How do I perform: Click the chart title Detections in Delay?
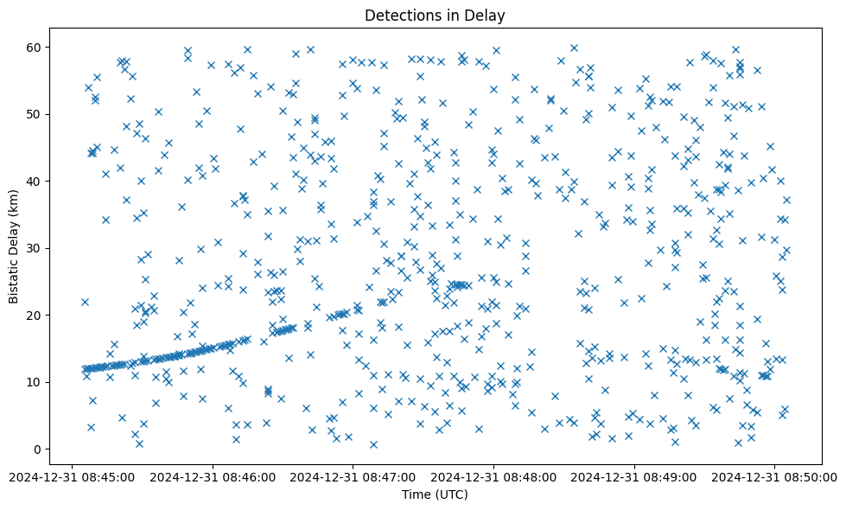(435, 15)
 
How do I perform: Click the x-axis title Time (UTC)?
(435, 494)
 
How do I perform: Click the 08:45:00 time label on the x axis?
(73, 475)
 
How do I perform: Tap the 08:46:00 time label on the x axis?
(213, 475)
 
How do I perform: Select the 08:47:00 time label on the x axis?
(353, 475)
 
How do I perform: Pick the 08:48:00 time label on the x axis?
(493, 475)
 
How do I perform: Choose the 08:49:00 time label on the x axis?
(634, 475)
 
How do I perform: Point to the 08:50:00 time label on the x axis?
(774, 475)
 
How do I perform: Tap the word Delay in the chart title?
(487, 15)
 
